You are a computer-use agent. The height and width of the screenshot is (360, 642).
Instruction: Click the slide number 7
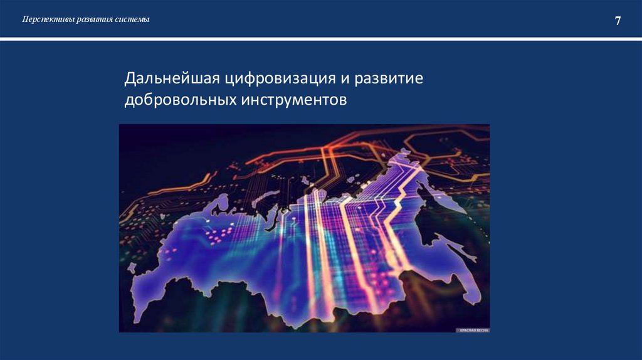point(618,21)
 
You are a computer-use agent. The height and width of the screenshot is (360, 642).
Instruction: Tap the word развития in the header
point(95,19)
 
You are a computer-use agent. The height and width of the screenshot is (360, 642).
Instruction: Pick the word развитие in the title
point(389,79)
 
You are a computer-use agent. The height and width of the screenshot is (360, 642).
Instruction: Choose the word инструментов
point(292,100)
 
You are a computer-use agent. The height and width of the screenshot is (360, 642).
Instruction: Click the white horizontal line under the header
point(321,39)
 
